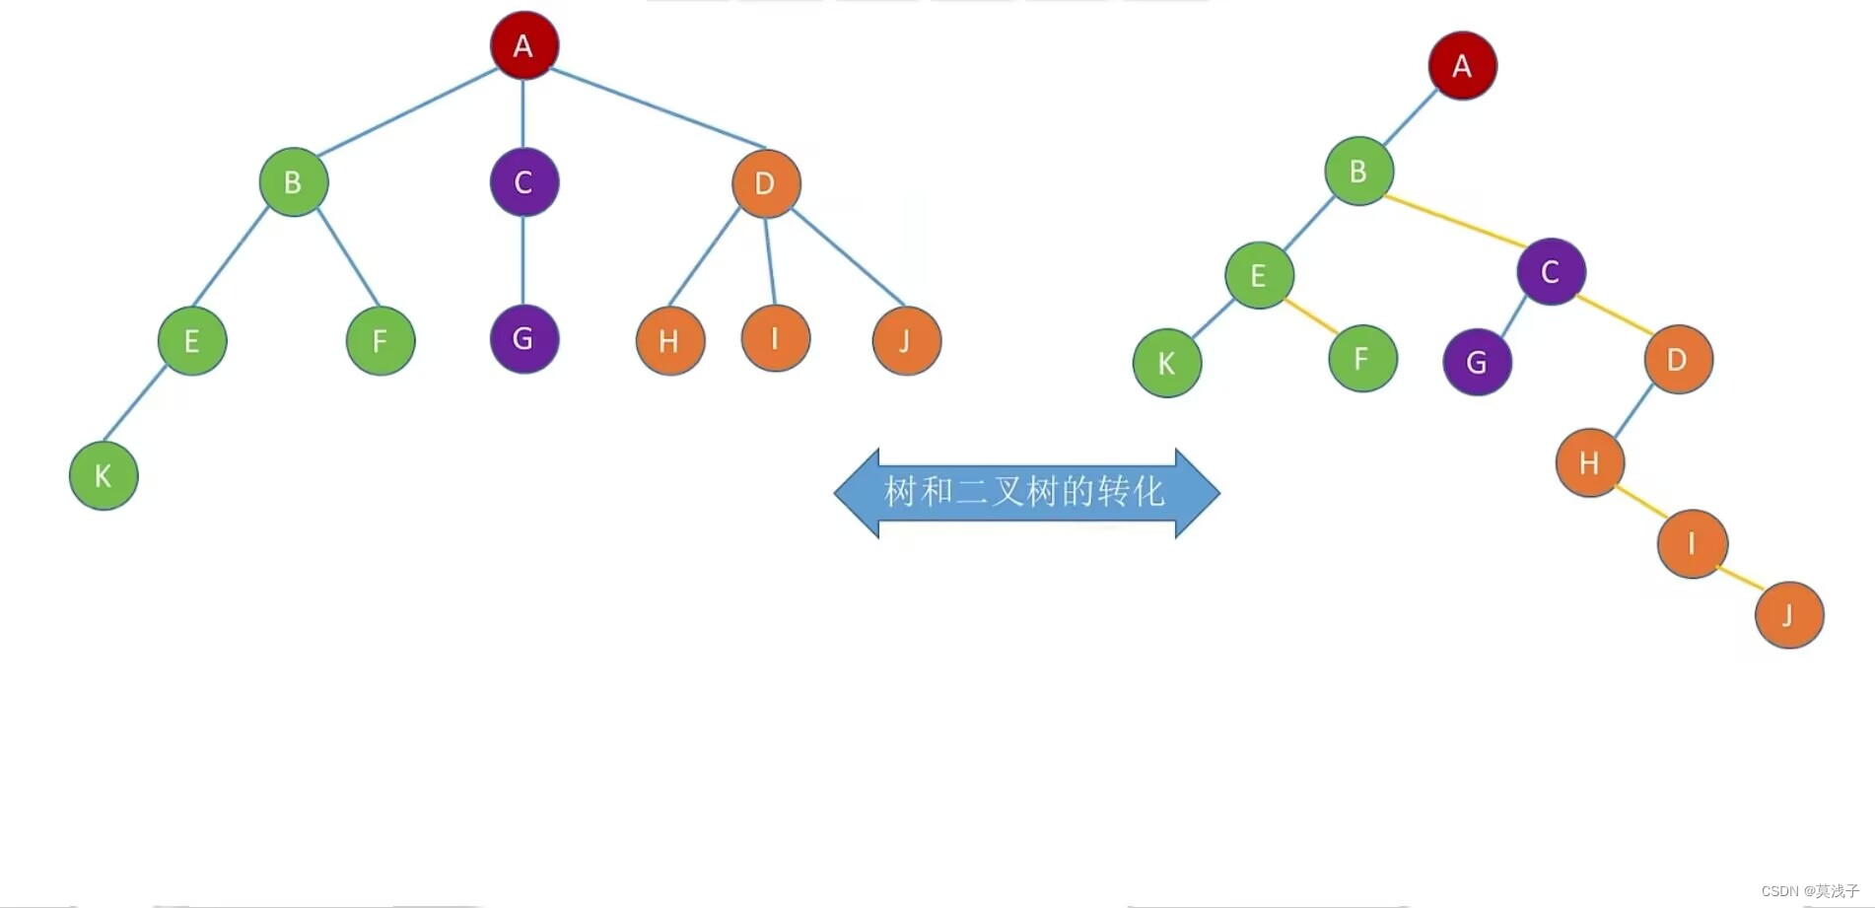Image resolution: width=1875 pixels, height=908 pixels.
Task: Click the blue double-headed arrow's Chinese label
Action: click(1025, 491)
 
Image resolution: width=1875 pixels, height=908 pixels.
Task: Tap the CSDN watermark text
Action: click(1809, 890)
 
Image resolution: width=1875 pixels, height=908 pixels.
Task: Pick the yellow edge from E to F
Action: click(1312, 316)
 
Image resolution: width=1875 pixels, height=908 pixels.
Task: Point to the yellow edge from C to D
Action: click(1615, 314)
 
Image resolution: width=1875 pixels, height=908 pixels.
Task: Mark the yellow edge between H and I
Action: click(1640, 502)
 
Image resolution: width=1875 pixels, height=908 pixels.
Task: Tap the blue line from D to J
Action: click(848, 257)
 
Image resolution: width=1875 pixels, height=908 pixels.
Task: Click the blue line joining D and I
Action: click(770, 260)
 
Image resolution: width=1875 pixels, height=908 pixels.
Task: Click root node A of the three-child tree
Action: click(523, 45)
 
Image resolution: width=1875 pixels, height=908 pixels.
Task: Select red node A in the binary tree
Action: click(1462, 66)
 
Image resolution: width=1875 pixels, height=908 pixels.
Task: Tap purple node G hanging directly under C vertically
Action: click(523, 339)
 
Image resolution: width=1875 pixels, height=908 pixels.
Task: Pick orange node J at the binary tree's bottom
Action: click(1788, 615)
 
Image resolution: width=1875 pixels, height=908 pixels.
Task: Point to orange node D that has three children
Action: click(766, 183)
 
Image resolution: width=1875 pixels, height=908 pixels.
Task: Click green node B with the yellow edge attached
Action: click(1358, 172)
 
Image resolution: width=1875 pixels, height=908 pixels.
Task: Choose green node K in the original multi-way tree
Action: click(104, 476)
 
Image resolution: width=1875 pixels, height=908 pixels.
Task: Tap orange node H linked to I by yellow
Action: click(1589, 462)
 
